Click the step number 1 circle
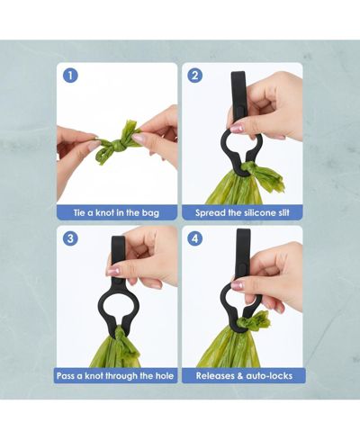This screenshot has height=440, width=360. (x=70, y=76)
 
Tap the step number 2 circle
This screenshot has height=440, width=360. (x=195, y=76)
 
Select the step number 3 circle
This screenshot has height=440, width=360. (x=70, y=238)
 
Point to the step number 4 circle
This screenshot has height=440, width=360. (x=195, y=238)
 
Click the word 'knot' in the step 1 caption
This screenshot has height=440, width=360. (x=104, y=213)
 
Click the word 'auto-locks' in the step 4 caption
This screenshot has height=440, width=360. (x=269, y=376)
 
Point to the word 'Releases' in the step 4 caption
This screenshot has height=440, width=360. (x=216, y=376)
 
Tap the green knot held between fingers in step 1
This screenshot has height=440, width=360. (x=119, y=142)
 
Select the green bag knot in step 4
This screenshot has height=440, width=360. (x=254, y=322)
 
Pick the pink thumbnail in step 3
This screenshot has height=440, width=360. (x=113, y=271)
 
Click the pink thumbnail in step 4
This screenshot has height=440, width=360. (x=237, y=285)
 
